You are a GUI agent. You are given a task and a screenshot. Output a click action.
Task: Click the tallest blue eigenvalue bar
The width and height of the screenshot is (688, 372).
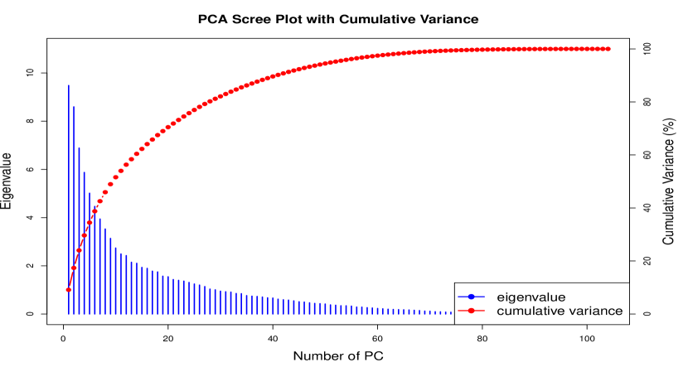click(x=68, y=199)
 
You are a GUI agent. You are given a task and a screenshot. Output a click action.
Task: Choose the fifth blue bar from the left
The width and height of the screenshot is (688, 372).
click(x=90, y=253)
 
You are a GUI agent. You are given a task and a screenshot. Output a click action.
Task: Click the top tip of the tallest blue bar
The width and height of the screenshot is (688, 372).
click(x=68, y=85)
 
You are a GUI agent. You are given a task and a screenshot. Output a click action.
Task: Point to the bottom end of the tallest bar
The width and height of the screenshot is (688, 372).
click(x=68, y=313)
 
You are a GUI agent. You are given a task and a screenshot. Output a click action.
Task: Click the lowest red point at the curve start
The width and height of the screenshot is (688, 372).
click(x=68, y=290)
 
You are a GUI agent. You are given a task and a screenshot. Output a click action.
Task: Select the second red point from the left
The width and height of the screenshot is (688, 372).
click(x=74, y=268)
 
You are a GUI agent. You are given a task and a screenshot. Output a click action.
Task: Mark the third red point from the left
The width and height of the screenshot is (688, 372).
click(x=79, y=250)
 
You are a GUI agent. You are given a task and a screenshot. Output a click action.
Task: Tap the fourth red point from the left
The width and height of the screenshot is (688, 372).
click(x=84, y=235)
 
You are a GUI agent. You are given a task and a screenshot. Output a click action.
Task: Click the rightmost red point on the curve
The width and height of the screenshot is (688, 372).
click(x=608, y=49)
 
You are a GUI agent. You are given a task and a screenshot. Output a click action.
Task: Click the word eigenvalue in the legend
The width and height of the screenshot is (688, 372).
click(x=531, y=297)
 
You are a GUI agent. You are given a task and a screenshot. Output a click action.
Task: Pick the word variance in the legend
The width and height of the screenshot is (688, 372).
click(x=596, y=312)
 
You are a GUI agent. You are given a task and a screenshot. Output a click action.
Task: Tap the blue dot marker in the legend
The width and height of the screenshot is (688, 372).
click(x=472, y=297)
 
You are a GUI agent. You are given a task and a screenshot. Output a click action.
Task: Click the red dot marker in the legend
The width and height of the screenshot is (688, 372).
click(x=472, y=312)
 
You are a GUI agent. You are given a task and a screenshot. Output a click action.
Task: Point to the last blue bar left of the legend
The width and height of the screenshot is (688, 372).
click(x=452, y=312)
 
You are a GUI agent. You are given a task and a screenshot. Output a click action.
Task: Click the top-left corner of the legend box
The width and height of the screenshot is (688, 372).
click(x=455, y=283)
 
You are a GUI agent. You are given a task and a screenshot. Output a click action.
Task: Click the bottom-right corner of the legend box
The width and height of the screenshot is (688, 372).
click(x=628, y=323)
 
